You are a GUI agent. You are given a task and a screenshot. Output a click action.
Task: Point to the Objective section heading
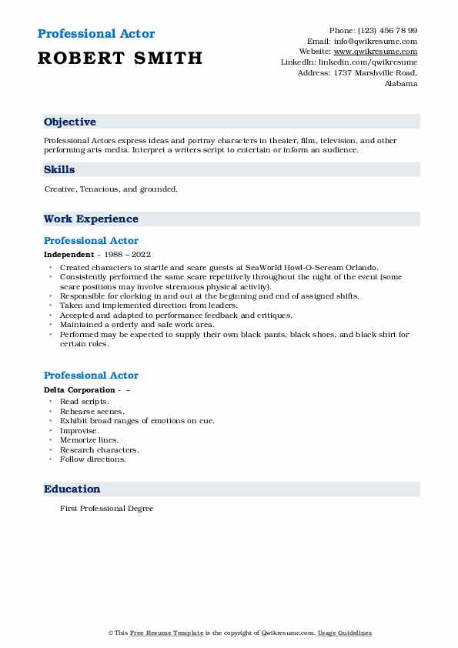70,122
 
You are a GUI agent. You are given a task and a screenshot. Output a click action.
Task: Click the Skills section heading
59,170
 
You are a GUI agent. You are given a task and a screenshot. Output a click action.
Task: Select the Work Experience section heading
91,219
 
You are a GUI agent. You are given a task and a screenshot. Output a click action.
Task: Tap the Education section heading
72,489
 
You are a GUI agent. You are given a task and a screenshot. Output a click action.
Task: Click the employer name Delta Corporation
79,390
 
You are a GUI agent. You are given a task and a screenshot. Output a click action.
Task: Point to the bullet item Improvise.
79,430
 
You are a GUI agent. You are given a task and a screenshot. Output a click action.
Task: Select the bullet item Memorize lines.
89,440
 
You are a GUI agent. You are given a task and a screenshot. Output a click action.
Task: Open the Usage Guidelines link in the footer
346,633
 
